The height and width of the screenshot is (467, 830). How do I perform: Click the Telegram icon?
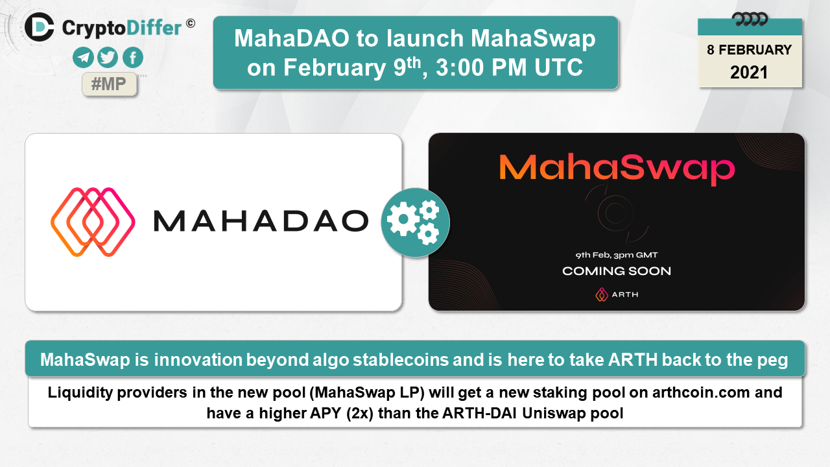pos(83,58)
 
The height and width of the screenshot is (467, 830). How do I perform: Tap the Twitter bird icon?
pos(108,58)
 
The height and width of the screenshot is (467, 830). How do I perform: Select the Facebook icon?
pos(133,58)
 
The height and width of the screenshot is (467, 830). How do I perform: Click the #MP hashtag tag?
pos(110,84)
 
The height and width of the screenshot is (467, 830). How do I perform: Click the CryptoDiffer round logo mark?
pos(40,27)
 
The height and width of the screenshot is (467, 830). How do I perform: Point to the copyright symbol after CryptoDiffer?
pos(191,24)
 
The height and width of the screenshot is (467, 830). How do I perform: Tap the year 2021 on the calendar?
pos(749,72)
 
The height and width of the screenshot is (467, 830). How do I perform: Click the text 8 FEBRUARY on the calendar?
pos(749,50)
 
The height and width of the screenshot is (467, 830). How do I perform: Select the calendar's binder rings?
pos(750,19)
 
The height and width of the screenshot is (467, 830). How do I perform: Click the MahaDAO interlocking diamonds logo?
pos(93,222)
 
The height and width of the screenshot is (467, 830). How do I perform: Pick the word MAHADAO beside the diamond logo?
pos(261,221)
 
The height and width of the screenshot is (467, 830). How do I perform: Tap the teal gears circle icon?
pos(416,222)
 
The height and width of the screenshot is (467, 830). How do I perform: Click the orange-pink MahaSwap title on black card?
pos(617,169)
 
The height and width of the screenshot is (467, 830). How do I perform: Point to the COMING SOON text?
pos(617,271)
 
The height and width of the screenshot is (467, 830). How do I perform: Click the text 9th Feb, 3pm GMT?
pos(617,255)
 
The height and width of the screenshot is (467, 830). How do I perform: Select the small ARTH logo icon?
pos(602,294)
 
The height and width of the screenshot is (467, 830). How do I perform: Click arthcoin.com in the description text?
pos(701,392)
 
